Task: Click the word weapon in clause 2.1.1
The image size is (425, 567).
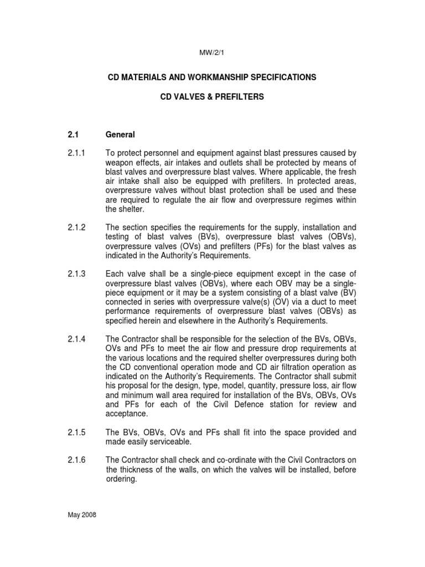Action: [x=120, y=162]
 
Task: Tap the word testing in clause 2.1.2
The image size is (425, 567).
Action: [x=118, y=236]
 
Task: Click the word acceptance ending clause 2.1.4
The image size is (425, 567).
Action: [x=127, y=414]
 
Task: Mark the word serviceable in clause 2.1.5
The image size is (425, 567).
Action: [x=165, y=441]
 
